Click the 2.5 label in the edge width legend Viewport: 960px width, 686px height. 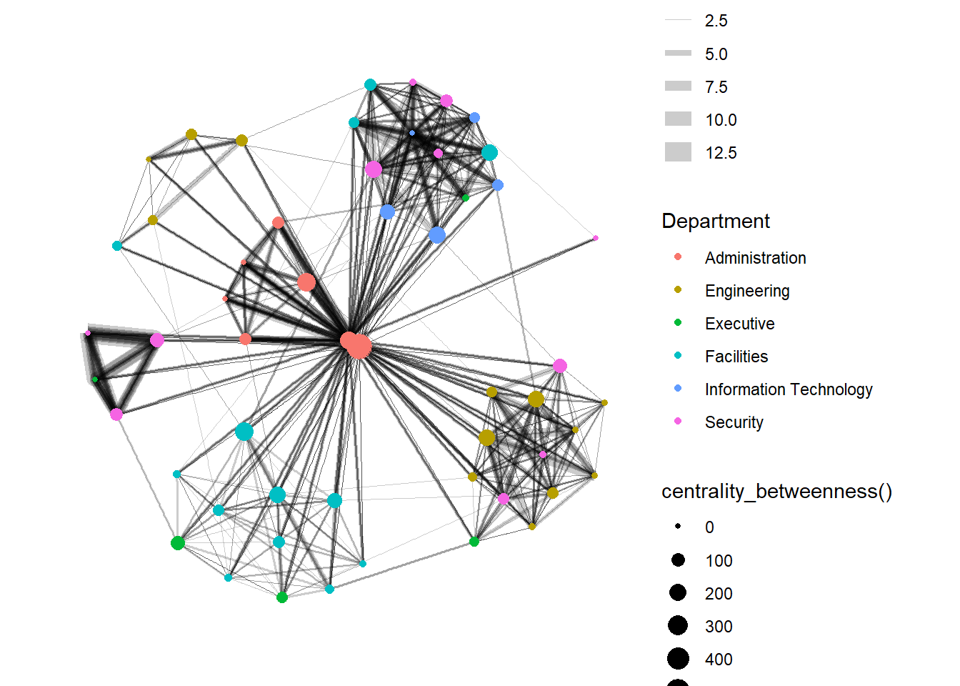coord(716,21)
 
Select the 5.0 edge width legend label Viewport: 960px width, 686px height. coord(716,54)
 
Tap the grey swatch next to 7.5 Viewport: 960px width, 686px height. coord(678,86)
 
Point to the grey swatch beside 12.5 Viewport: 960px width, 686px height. coord(678,152)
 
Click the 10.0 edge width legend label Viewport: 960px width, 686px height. coord(721,120)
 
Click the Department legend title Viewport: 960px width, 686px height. coord(716,221)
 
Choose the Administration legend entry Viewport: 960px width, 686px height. coord(755,258)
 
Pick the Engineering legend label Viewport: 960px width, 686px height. coord(747,291)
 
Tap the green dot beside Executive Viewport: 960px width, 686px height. coord(678,323)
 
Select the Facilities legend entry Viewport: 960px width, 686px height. coord(736,357)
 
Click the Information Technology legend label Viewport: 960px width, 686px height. coord(789,389)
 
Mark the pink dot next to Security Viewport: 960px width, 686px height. coord(678,422)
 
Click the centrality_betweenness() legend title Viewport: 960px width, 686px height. coord(776,492)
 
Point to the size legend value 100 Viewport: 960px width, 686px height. coord(719,561)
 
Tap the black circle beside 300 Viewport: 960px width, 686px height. coord(678,626)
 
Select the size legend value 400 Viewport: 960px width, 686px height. coord(719,660)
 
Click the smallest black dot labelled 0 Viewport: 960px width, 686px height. coord(678,527)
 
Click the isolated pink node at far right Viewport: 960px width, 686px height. coord(595,238)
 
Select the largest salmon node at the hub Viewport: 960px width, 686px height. coord(359,347)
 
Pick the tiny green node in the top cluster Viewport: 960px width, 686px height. coord(466,197)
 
